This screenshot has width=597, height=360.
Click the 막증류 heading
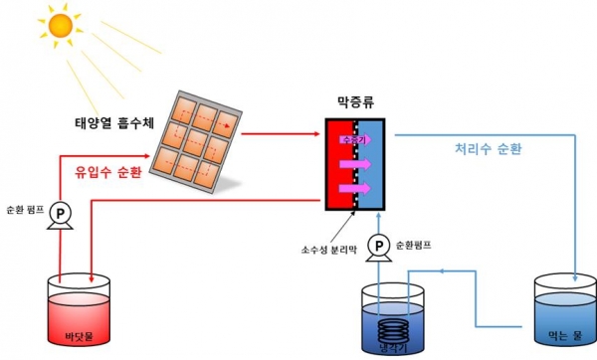click(355, 103)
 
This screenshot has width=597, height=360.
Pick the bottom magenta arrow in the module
click(356, 188)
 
